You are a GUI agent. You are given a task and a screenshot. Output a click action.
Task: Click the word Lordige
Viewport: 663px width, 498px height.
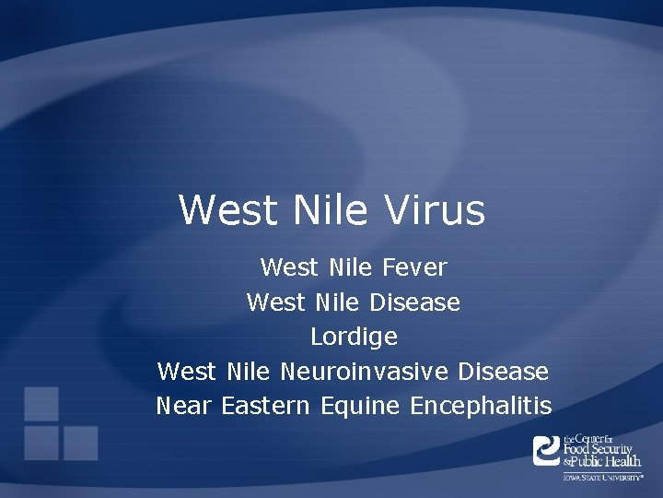point(354,337)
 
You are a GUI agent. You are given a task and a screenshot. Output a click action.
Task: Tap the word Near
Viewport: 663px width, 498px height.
point(185,405)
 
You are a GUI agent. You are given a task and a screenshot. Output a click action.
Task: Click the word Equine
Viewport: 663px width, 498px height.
point(360,405)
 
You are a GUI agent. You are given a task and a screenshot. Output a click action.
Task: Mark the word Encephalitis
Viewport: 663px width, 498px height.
point(481,405)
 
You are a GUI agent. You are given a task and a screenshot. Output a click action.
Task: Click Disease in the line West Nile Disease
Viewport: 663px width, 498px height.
point(414,302)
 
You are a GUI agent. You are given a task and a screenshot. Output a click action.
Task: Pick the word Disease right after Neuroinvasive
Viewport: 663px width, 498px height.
point(503,371)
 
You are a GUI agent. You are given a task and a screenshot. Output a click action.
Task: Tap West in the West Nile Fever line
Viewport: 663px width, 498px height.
point(288,267)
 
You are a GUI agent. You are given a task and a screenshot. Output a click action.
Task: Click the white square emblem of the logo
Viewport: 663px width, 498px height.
point(547,450)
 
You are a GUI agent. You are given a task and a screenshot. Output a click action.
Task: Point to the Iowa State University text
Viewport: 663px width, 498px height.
point(603,477)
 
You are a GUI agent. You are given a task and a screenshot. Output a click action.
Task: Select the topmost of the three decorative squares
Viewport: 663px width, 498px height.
point(41,403)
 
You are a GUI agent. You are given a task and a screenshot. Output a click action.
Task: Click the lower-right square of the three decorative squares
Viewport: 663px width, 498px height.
point(80,443)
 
